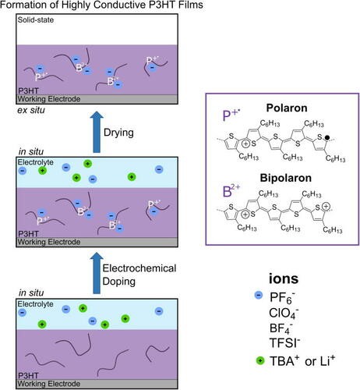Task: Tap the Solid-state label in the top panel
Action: [x=36, y=19]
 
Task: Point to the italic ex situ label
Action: [x=31, y=110]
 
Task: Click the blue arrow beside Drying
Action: [x=97, y=132]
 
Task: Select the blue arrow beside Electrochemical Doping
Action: [x=97, y=273]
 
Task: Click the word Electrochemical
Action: [x=139, y=268]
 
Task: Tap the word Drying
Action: [x=118, y=133]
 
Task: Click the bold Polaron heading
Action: [x=287, y=108]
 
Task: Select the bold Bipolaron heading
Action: [x=286, y=178]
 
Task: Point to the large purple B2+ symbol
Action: [x=231, y=191]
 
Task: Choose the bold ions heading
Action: [x=284, y=278]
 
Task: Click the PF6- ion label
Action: [x=282, y=297]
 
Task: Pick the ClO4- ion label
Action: [x=284, y=313]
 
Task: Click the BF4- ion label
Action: [x=281, y=328]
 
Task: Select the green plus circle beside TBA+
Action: [x=260, y=360]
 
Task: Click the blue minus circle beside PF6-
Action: [x=259, y=295]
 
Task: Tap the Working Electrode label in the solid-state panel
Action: [x=49, y=99]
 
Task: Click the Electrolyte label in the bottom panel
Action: [x=36, y=303]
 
